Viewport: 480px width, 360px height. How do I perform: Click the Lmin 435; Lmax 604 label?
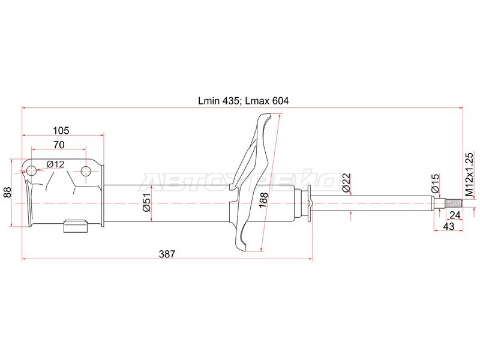coord(244,101)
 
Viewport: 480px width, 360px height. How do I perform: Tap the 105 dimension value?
coord(61,130)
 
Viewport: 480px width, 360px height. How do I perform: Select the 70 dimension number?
coord(59,145)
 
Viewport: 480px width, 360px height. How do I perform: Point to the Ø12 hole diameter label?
coord(55,164)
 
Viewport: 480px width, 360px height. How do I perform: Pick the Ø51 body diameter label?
coord(146,202)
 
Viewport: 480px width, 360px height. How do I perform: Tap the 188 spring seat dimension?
coord(263,200)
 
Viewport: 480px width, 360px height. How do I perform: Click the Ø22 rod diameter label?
coord(346,183)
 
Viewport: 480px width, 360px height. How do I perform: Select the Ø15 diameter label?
coord(435,183)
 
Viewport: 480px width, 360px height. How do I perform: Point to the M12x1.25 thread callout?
coord(469,175)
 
